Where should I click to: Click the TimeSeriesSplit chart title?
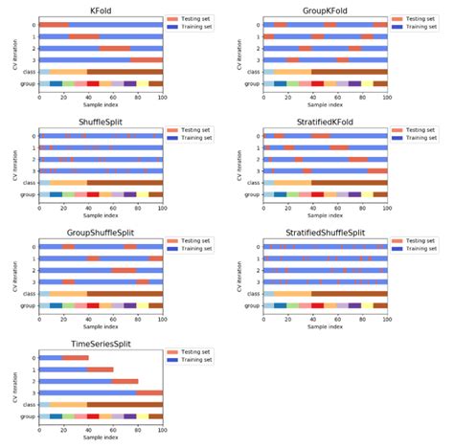point(101,344)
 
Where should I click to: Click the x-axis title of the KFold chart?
point(101,104)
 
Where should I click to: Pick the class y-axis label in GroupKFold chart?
point(251,71)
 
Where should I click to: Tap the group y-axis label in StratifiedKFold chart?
point(250,195)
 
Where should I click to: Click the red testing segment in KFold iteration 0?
point(54,25)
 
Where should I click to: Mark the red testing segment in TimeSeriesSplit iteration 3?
point(149,392)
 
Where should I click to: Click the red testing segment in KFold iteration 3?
point(147,59)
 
